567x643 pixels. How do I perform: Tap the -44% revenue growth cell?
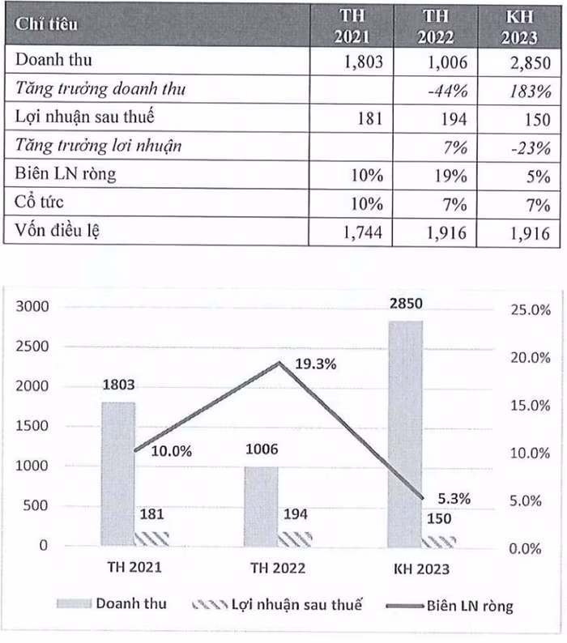(x=448, y=90)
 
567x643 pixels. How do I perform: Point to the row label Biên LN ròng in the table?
(x=71, y=175)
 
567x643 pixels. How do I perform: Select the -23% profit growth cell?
(x=531, y=147)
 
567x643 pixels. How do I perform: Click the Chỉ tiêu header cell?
(x=47, y=23)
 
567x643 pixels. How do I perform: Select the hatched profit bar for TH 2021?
(x=150, y=539)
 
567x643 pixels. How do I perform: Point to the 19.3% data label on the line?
(x=315, y=364)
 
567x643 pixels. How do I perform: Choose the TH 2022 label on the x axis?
(x=277, y=568)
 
